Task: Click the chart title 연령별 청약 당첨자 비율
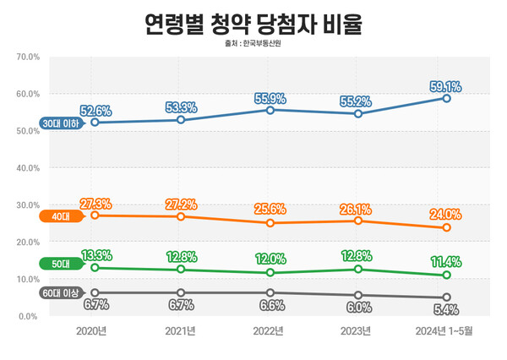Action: pyautogui.click(x=253, y=23)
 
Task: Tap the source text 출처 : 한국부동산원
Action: pyautogui.click(x=253, y=44)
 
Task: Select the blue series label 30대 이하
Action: pyautogui.click(x=61, y=123)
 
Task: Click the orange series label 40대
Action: pyautogui.click(x=59, y=216)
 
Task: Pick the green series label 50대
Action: pyautogui.click(x=59, y=265)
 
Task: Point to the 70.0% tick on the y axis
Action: pyautogui.click(x=29, y=57)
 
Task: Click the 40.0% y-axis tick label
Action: pyautogui.click(x=29, y=168)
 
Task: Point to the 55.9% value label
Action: pyautogui.click(x=270, y=98)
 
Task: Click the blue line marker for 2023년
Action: pyautogui.click(x=358, y=113)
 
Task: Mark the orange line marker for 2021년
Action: pyautogui.click(x=183, y=216)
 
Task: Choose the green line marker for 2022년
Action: pyautogui.click(x=270, y=272)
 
